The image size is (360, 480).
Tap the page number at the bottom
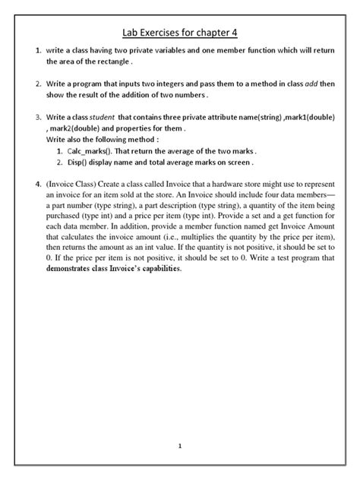[x=179, y=446]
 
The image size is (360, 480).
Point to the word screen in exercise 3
[x=234, y=162]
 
